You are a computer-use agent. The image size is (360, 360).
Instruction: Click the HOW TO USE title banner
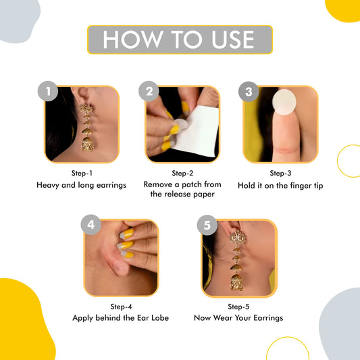(x=180, y=40)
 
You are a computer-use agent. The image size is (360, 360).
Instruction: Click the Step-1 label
(x=81, y=173)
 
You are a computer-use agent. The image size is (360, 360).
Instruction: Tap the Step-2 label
(x=182, y=173)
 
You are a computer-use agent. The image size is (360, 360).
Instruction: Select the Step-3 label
(x=281, y=173)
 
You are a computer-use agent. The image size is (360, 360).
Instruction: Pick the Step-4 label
(x=122, y=307)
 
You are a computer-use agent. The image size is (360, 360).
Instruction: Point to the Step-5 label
(x=238, y=307)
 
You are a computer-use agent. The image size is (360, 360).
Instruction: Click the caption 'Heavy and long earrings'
(x=81, y=184)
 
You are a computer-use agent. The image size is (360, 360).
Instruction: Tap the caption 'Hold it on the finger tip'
(x=281, y=184)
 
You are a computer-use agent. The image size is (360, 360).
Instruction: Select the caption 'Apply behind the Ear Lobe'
(x=122, y=317)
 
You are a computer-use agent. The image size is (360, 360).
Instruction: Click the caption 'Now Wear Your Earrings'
(x=238, y=317)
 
